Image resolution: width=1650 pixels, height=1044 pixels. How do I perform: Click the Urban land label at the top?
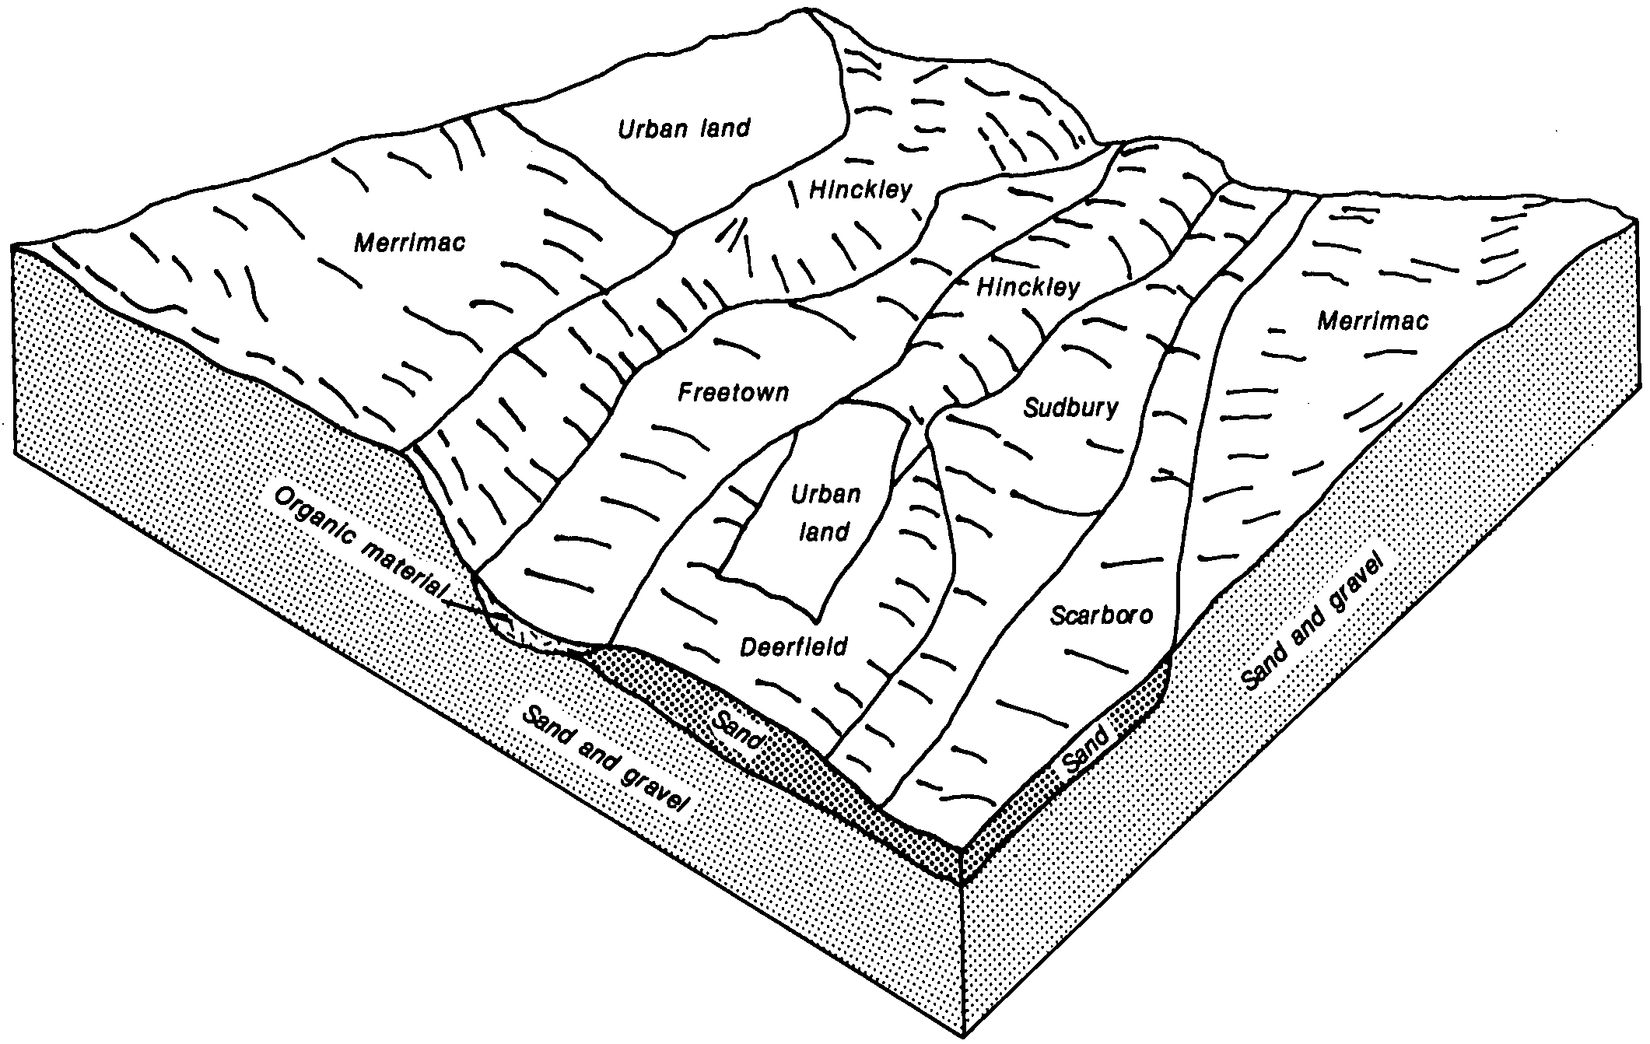684,128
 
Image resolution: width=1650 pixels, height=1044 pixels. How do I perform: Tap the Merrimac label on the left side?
409,243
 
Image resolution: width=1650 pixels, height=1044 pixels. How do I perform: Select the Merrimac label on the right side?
1372,321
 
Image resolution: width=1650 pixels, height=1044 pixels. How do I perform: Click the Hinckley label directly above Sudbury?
1028,287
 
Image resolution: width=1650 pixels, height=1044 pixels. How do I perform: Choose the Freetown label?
733,392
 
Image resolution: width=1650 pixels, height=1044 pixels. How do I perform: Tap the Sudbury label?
1071,408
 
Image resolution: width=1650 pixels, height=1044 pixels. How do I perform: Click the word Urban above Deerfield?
825,495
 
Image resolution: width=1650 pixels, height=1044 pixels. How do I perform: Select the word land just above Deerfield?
824,532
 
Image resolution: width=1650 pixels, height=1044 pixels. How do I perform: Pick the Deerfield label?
793,646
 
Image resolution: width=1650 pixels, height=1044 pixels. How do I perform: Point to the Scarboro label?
1101,615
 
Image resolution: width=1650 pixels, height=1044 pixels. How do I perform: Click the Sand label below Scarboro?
1087,750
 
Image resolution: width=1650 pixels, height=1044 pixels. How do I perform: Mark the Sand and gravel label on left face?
607,758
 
